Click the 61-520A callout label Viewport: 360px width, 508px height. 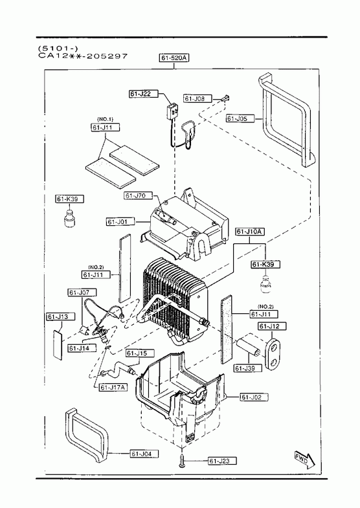(174, 58)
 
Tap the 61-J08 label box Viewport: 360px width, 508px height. (198, 98)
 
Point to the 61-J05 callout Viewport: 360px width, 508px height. (240, 118)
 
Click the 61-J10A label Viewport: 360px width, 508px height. (250, 232)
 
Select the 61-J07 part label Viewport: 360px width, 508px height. (82, 293)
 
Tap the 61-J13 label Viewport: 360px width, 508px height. (61, 316)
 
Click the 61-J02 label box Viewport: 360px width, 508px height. (254, 397)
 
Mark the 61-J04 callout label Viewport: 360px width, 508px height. (144, 454)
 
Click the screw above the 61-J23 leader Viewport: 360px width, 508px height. (182, 460)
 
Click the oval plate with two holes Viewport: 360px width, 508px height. (273, 354)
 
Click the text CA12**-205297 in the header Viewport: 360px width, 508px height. (83, 56)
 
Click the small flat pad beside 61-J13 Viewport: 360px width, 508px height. (58, 346)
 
